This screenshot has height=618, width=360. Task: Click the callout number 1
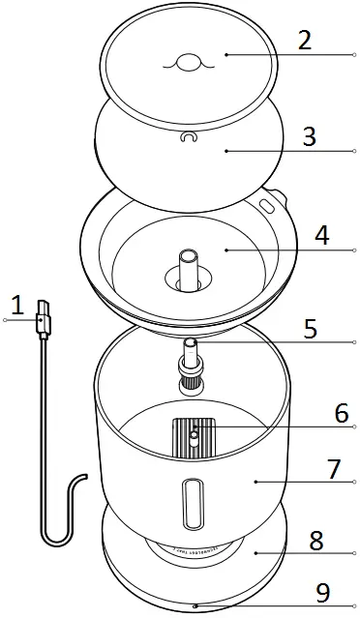16,306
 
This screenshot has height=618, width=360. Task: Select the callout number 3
309,135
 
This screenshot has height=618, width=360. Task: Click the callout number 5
309,328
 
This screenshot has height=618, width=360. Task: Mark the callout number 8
315,540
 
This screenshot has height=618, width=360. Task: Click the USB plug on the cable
42,319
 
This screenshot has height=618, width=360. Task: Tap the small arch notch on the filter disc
188,138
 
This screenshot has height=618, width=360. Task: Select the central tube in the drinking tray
190,264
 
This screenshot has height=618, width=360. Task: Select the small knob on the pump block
195,437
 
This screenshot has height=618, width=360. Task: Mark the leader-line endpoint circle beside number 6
355,427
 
